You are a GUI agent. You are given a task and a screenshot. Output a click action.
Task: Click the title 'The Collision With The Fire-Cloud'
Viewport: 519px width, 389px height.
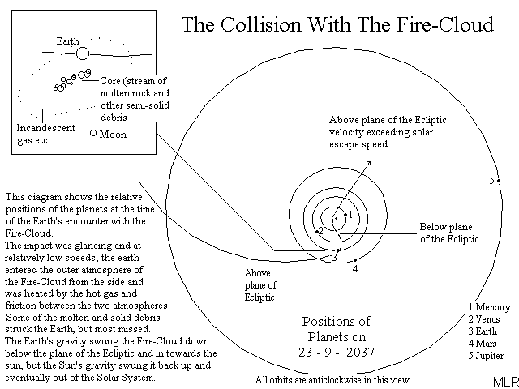[x=337, y=24]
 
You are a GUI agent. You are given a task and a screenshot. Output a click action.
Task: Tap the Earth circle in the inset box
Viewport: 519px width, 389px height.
[x=82, y=53]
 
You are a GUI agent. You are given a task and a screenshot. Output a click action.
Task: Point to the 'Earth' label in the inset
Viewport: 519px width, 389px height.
[x=68, y=40]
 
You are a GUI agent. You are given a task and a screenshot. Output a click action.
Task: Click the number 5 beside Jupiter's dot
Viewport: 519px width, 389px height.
[x=491, y=180]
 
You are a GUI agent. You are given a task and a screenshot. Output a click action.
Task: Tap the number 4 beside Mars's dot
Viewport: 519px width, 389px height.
[x=355, y=268]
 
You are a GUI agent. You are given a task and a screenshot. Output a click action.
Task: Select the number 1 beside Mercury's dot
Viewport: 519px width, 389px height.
[x=350, y=214]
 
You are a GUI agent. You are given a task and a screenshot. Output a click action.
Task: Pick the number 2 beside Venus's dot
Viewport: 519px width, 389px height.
[x=321, y=232]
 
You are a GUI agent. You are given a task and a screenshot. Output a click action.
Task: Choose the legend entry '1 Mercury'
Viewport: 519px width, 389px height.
[x=489, y=307]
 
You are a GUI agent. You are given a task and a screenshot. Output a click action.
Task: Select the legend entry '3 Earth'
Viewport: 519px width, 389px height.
[x=483, y=331]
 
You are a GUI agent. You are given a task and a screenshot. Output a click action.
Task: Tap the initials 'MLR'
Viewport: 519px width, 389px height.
[x=502, y=380]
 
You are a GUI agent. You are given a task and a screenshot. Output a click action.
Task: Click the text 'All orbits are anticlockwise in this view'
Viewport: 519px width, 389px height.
[x=332, y=379]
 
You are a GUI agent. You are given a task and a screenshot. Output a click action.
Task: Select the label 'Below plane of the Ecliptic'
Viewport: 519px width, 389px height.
[x=448, y=233]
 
